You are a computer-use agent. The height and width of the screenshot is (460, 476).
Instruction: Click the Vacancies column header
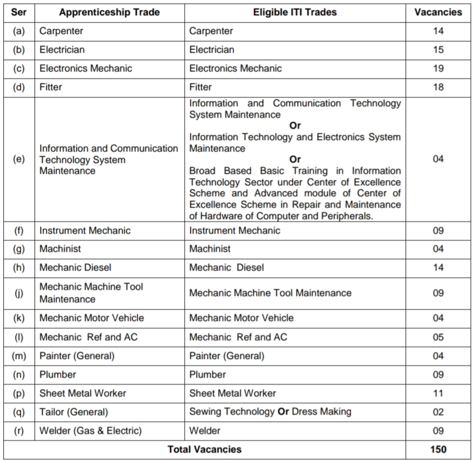click(438, 12)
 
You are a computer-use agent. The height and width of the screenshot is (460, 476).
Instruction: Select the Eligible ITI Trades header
click(295, 12)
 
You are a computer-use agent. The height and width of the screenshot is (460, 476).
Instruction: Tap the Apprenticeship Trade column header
click(109, 12)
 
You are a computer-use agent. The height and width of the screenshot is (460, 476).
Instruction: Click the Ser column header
click(19, 12)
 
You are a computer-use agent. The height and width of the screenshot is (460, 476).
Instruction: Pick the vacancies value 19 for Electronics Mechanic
click(438, 69)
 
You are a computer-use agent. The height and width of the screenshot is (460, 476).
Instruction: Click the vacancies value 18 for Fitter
click(438, 87)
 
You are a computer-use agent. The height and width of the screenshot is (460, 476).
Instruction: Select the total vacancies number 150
click(438, 450)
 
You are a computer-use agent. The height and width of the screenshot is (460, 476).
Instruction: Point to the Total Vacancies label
click(204, 450)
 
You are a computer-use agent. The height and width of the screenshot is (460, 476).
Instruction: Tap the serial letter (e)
click(19, 160)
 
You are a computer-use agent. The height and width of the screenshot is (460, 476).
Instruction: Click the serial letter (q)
click(19, 412)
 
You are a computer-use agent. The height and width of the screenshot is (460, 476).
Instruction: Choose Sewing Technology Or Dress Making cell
click(270, 412)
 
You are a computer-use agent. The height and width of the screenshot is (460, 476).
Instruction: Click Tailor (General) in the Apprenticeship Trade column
click(74, 412)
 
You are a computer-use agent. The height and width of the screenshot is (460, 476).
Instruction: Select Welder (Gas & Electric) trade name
click(91, 431)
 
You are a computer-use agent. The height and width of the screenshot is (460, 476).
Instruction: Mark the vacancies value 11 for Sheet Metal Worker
click(438, 393)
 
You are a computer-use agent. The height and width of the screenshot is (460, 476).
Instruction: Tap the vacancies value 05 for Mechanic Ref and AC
click(438, 337)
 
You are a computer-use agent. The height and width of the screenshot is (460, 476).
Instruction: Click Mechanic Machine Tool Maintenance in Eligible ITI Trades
click(270, 293)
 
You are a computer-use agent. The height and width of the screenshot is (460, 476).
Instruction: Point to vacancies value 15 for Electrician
click(438, 50)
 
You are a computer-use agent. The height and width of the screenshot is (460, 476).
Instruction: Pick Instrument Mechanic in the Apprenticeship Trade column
click(85, 230)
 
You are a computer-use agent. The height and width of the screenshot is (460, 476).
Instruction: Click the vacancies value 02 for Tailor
click(438, 412)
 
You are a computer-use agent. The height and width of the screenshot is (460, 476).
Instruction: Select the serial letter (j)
click(19, 293)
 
